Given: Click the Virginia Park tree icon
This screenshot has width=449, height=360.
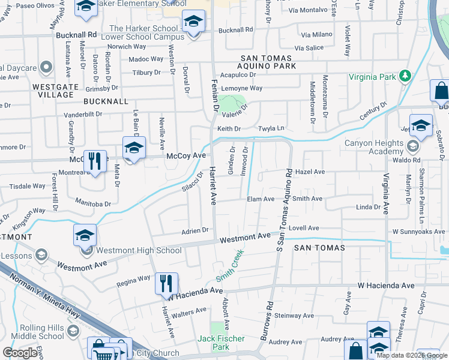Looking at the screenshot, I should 406,76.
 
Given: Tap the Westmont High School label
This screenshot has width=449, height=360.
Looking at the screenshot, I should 139,250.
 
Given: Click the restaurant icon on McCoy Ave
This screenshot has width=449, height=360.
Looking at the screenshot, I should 95,160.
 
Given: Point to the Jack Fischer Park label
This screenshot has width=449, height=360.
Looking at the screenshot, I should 221,343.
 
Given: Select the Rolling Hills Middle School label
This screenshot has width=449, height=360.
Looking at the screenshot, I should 36,332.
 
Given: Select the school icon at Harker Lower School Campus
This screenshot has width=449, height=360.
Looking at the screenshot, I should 193,23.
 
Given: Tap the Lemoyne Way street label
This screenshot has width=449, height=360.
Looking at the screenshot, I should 242,88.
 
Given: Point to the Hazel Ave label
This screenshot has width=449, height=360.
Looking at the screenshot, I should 310,172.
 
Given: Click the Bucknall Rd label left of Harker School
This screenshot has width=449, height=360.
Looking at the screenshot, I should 76,35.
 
